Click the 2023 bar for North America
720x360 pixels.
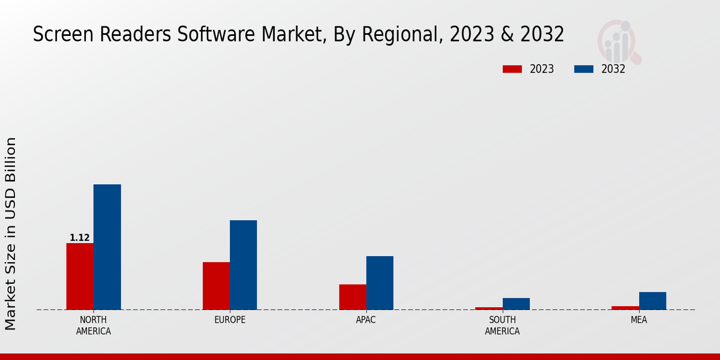[80, 276]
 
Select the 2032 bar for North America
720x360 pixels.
[107, 247]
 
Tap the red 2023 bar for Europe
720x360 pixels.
[216, 286]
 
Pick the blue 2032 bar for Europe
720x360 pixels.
[243, 265]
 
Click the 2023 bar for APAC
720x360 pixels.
[352, 296]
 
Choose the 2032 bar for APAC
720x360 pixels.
[380, 283]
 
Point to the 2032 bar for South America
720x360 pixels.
[516, 304]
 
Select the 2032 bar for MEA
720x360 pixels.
[652, 301]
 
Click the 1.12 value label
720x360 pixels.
[79, 238]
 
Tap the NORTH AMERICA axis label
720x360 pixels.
[94, 325]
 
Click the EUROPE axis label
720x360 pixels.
[230, 320]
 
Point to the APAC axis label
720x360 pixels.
[366, 320]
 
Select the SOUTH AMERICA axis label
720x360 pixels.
[502, 325]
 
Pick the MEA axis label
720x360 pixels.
[638, 320]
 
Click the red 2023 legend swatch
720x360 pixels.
[512, 69]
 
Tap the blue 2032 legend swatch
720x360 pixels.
[583, 69]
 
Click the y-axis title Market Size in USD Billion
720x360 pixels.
[11, 233]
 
